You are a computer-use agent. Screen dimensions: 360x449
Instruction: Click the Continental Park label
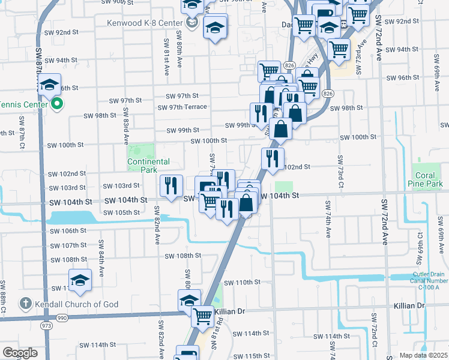coord(148,166)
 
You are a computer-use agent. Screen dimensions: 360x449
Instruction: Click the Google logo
coord(20,353)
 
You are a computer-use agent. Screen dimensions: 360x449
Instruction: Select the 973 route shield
coord(46,325)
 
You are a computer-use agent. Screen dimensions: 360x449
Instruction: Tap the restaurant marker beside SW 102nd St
coord(272,158)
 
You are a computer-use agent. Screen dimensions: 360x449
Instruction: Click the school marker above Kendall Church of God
coord(80,280)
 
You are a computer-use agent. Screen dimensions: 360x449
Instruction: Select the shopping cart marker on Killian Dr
coord(203,314)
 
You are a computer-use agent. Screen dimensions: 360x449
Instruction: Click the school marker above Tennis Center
coord(50,84)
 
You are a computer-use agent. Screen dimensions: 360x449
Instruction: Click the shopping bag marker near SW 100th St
coord(280,127)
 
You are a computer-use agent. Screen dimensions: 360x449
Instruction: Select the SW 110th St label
coord(242,282)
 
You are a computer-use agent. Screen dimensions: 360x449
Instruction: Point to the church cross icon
coord(26,304)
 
